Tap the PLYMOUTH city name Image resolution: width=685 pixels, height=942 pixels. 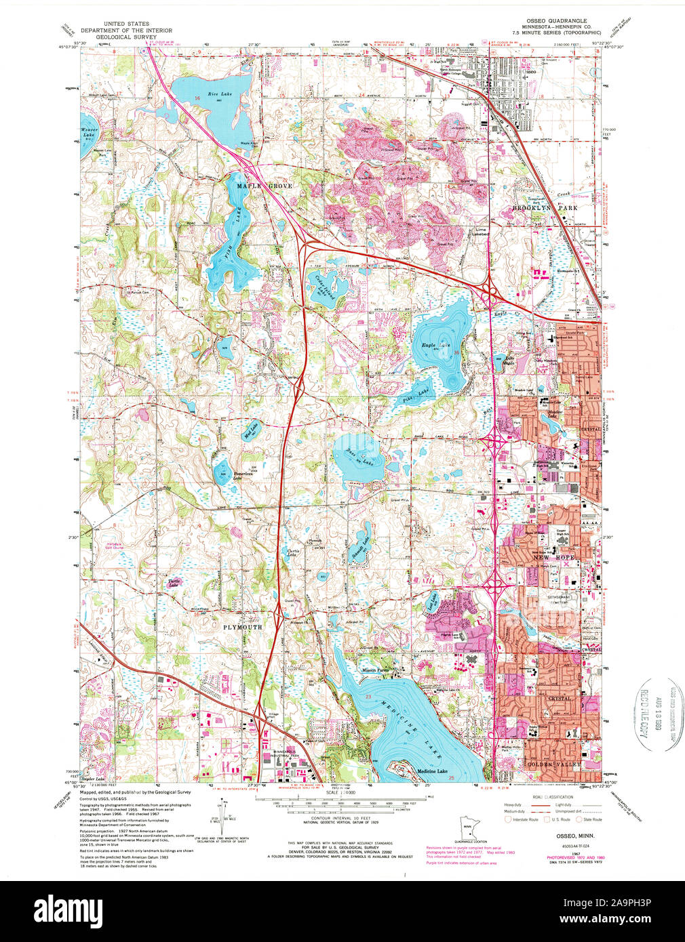coord(242,628)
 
